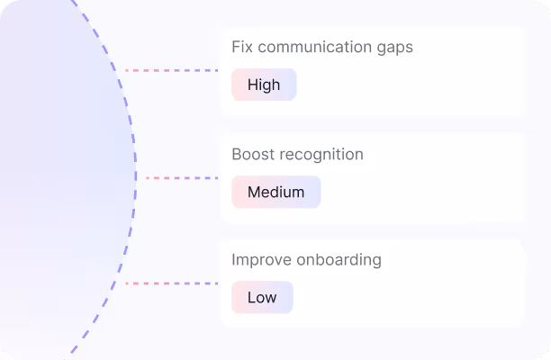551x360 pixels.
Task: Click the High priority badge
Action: (264, 85)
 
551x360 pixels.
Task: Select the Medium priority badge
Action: (275, 192)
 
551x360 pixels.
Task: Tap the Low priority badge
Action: (262, 298)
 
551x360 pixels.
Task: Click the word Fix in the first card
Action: (242, 47)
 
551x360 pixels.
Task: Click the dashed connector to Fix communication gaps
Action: (171, 69)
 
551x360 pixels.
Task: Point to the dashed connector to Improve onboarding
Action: (171, 283)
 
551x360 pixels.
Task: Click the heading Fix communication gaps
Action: (322, 47)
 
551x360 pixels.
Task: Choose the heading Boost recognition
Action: (297, 155)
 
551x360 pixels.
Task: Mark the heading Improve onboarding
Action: (306, 260)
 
